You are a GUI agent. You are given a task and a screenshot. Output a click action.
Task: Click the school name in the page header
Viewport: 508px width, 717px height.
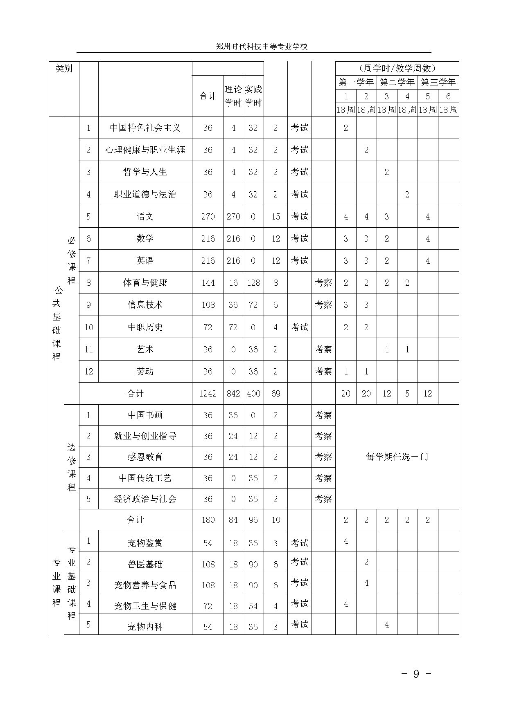262,47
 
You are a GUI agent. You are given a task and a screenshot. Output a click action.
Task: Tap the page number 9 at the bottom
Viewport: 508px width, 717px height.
416,674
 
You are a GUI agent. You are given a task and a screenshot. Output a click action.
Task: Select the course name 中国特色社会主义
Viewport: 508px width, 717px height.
145,128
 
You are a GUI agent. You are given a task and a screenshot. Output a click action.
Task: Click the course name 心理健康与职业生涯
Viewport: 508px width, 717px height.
145,150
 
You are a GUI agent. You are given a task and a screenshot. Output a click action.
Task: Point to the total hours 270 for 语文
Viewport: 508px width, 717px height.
208,217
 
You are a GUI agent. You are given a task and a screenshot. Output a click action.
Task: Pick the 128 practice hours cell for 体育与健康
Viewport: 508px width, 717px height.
253,283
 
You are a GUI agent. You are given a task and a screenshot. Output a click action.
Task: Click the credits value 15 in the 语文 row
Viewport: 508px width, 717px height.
275,217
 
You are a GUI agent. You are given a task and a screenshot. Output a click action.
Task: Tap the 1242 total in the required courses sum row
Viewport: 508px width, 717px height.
208,394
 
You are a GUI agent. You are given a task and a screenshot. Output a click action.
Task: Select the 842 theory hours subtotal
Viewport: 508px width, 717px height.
233,394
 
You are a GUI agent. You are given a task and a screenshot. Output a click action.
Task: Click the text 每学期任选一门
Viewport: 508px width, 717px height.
397,457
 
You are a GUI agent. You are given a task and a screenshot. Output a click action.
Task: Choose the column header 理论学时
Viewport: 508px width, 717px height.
233,96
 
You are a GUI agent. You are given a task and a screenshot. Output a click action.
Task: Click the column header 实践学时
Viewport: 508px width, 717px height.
253,96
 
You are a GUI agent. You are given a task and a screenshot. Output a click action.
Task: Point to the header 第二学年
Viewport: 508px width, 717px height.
397,82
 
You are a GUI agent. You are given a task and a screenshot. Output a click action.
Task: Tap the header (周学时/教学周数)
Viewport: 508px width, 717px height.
397,68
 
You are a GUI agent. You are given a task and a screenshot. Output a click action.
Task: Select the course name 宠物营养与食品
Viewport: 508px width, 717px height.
145,585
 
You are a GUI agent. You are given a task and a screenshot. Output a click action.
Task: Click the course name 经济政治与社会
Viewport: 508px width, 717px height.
145,499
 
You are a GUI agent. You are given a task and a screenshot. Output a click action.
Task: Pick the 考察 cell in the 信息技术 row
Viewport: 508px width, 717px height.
323,305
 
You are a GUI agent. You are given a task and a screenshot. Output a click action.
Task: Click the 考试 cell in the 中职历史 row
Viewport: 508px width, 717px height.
300,327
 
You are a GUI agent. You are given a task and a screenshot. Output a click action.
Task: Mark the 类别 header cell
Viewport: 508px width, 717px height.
64,68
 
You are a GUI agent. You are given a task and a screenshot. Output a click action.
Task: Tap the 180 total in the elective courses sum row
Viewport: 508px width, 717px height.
208,520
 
